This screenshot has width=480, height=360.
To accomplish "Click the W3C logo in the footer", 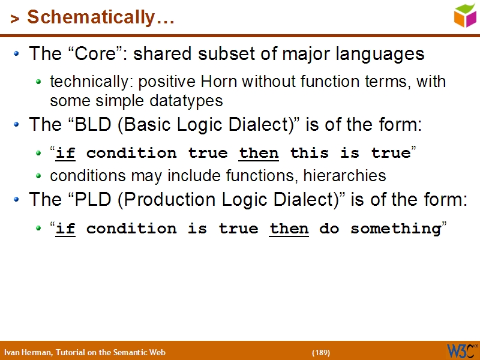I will (x=461, y=350).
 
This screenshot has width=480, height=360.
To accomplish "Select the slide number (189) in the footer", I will (x=321, y=352).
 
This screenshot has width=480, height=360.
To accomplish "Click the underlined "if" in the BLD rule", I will (x=65, y=154).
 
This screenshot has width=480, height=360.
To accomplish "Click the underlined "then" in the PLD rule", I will (x=289, y=229).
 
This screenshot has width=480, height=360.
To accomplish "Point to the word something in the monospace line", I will (x=395, y=229).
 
